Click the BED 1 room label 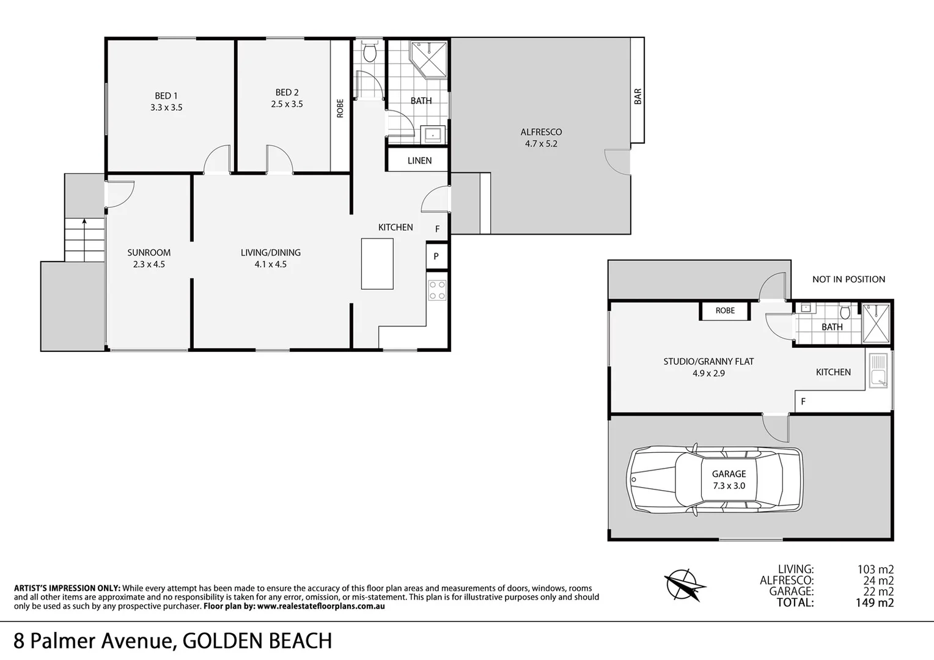tap(166, 95)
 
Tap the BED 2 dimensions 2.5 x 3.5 tap(287, 104)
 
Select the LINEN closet tap(419, 161)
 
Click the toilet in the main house tap(369, 53)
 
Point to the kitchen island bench tap(377, 263)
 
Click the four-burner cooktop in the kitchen tap(437, 290)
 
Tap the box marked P tap(436, 256)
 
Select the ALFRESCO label tap(541, 132)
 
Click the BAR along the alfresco tap(638, 96)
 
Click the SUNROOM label tap(149, 252)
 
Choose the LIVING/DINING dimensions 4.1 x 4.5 tap(271, 265)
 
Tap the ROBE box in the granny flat tap(725, 310)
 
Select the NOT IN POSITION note tap(848, 279)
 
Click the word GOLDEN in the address tap(225, 640)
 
